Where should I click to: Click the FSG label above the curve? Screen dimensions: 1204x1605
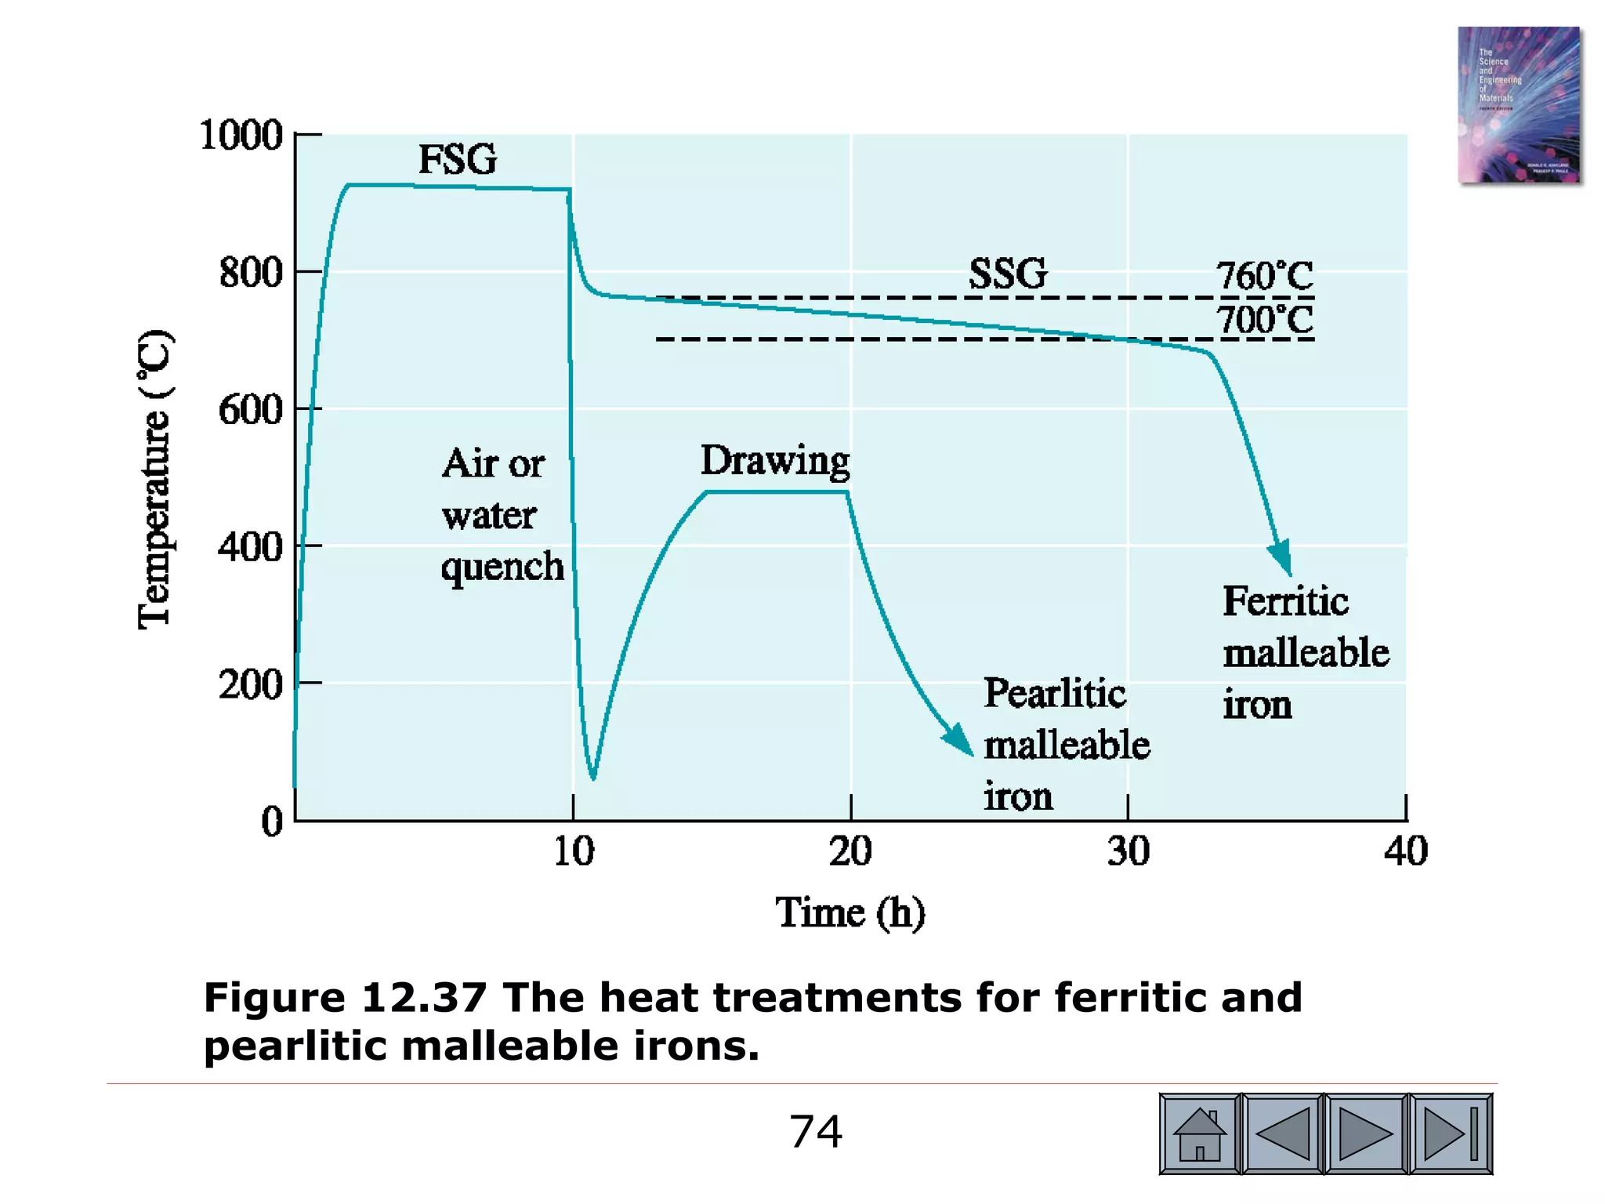[458, 160]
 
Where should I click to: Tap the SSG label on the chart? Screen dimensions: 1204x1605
[1008, 274]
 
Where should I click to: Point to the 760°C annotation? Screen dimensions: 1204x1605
[1264, 276]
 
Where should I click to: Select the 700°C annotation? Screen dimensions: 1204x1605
[1264, 320]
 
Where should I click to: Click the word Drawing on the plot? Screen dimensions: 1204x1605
[774, 461]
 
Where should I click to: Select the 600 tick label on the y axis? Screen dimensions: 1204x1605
[250, 409]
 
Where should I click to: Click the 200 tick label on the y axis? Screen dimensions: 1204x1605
[250, 684]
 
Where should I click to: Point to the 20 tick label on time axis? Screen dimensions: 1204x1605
[850, 851]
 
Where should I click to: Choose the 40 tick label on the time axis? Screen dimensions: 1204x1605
[1406, 851]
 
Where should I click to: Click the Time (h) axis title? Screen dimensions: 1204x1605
[850, 913]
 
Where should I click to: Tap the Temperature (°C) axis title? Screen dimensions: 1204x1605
[154, 480]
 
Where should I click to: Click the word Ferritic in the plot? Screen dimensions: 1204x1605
[1285, 602]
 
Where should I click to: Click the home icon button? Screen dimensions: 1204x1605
[1199, 1133]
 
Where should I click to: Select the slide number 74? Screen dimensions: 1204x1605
[816, 1132]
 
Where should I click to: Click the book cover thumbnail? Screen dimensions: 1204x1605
[1518, 105]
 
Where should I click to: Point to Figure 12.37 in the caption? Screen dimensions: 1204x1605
[345, 998]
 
